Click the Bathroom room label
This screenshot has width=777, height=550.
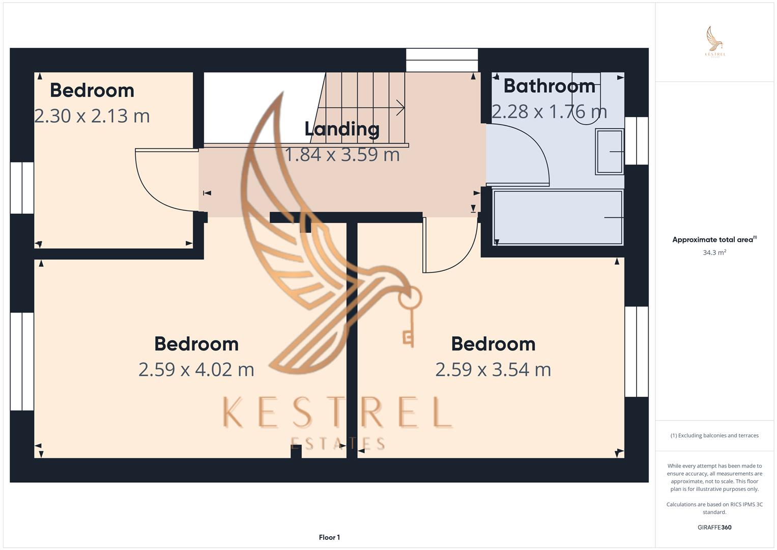[550, 86]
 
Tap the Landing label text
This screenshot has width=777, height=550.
[342, 129]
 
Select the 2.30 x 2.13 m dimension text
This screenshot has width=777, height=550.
[92, 116]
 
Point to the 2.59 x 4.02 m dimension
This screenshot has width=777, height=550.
[196, 369]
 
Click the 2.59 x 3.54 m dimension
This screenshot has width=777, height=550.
[493, 369]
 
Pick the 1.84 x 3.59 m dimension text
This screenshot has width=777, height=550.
[342, 154]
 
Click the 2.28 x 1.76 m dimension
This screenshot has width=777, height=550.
[550, 112]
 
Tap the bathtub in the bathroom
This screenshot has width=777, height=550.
[558, 217]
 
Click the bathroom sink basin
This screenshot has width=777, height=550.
[610, 152]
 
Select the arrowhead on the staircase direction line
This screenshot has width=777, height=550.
[401, 107]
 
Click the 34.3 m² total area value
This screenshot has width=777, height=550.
[714, 253]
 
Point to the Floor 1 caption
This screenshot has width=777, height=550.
[330, 537]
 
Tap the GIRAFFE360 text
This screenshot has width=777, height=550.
[714, 527]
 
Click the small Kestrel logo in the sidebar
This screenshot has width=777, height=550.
[715, 42]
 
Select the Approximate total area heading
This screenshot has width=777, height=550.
[714, 239]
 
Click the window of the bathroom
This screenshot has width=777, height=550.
[637, 141]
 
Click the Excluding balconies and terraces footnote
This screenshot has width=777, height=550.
[714, 435]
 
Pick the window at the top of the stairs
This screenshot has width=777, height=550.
[442, 60]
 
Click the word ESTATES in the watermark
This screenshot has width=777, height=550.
[337, 444]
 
